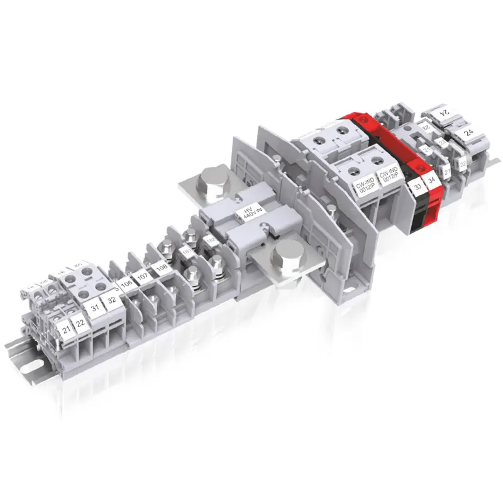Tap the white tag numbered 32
111,300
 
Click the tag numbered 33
416,186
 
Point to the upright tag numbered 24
468,133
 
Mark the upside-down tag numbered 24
445,113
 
